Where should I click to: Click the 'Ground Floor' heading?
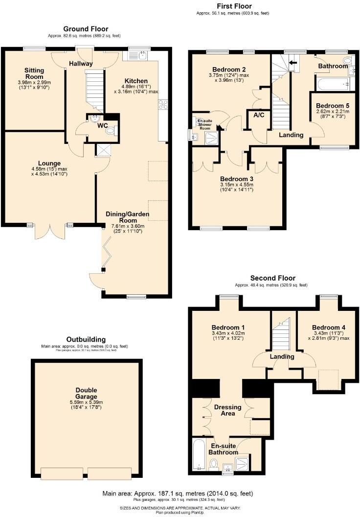pyautogui.click(x=86, y=29)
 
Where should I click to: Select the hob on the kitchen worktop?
pyautogui.click(x=163, y=104)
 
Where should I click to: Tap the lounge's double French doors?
pyautogui.click(x=49, y=230)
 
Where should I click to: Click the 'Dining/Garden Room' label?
pyautogui.click(x=127, y=217)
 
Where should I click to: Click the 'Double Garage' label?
pyautogui.click(x=86, y=393)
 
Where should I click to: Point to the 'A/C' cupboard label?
pyautogui.click(x=259, y=116)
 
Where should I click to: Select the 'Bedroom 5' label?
pyautogui.click(x=333, y=105)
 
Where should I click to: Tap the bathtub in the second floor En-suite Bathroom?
pyautogui.click(x=198, y=455)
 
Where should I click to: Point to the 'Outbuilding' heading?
pyautogui.click(x=86, y=339)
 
